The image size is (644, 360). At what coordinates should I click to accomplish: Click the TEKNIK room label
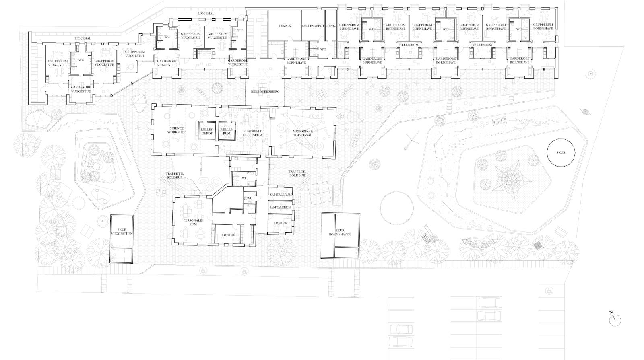(285, 26)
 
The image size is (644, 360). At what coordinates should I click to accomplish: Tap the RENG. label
(331, 26)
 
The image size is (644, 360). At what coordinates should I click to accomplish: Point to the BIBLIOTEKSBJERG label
(265, 92)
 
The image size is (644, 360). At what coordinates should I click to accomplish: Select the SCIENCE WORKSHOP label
(177, 130)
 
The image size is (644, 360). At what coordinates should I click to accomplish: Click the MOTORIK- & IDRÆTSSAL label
(303, 133)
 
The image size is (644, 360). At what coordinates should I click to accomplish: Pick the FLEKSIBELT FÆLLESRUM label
(252, 133)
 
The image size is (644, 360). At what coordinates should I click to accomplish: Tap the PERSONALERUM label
(193, 222)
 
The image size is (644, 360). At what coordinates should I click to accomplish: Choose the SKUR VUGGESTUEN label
(122, 232)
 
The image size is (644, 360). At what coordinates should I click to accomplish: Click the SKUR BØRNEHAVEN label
(340, 232)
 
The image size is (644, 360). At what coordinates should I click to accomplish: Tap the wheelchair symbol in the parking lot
(549, 291)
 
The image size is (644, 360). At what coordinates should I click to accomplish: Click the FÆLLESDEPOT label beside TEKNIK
(313, 26)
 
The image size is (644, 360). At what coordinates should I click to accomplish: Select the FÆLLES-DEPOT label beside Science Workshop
(207, 132)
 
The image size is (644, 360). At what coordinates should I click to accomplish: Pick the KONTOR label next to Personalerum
(229, 235)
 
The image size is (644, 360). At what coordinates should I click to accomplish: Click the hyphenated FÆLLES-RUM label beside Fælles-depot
(227, 132)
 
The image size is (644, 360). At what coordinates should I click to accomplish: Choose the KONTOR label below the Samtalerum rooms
(280, 223)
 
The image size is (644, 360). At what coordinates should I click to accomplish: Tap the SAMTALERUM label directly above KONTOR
(280, 208)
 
